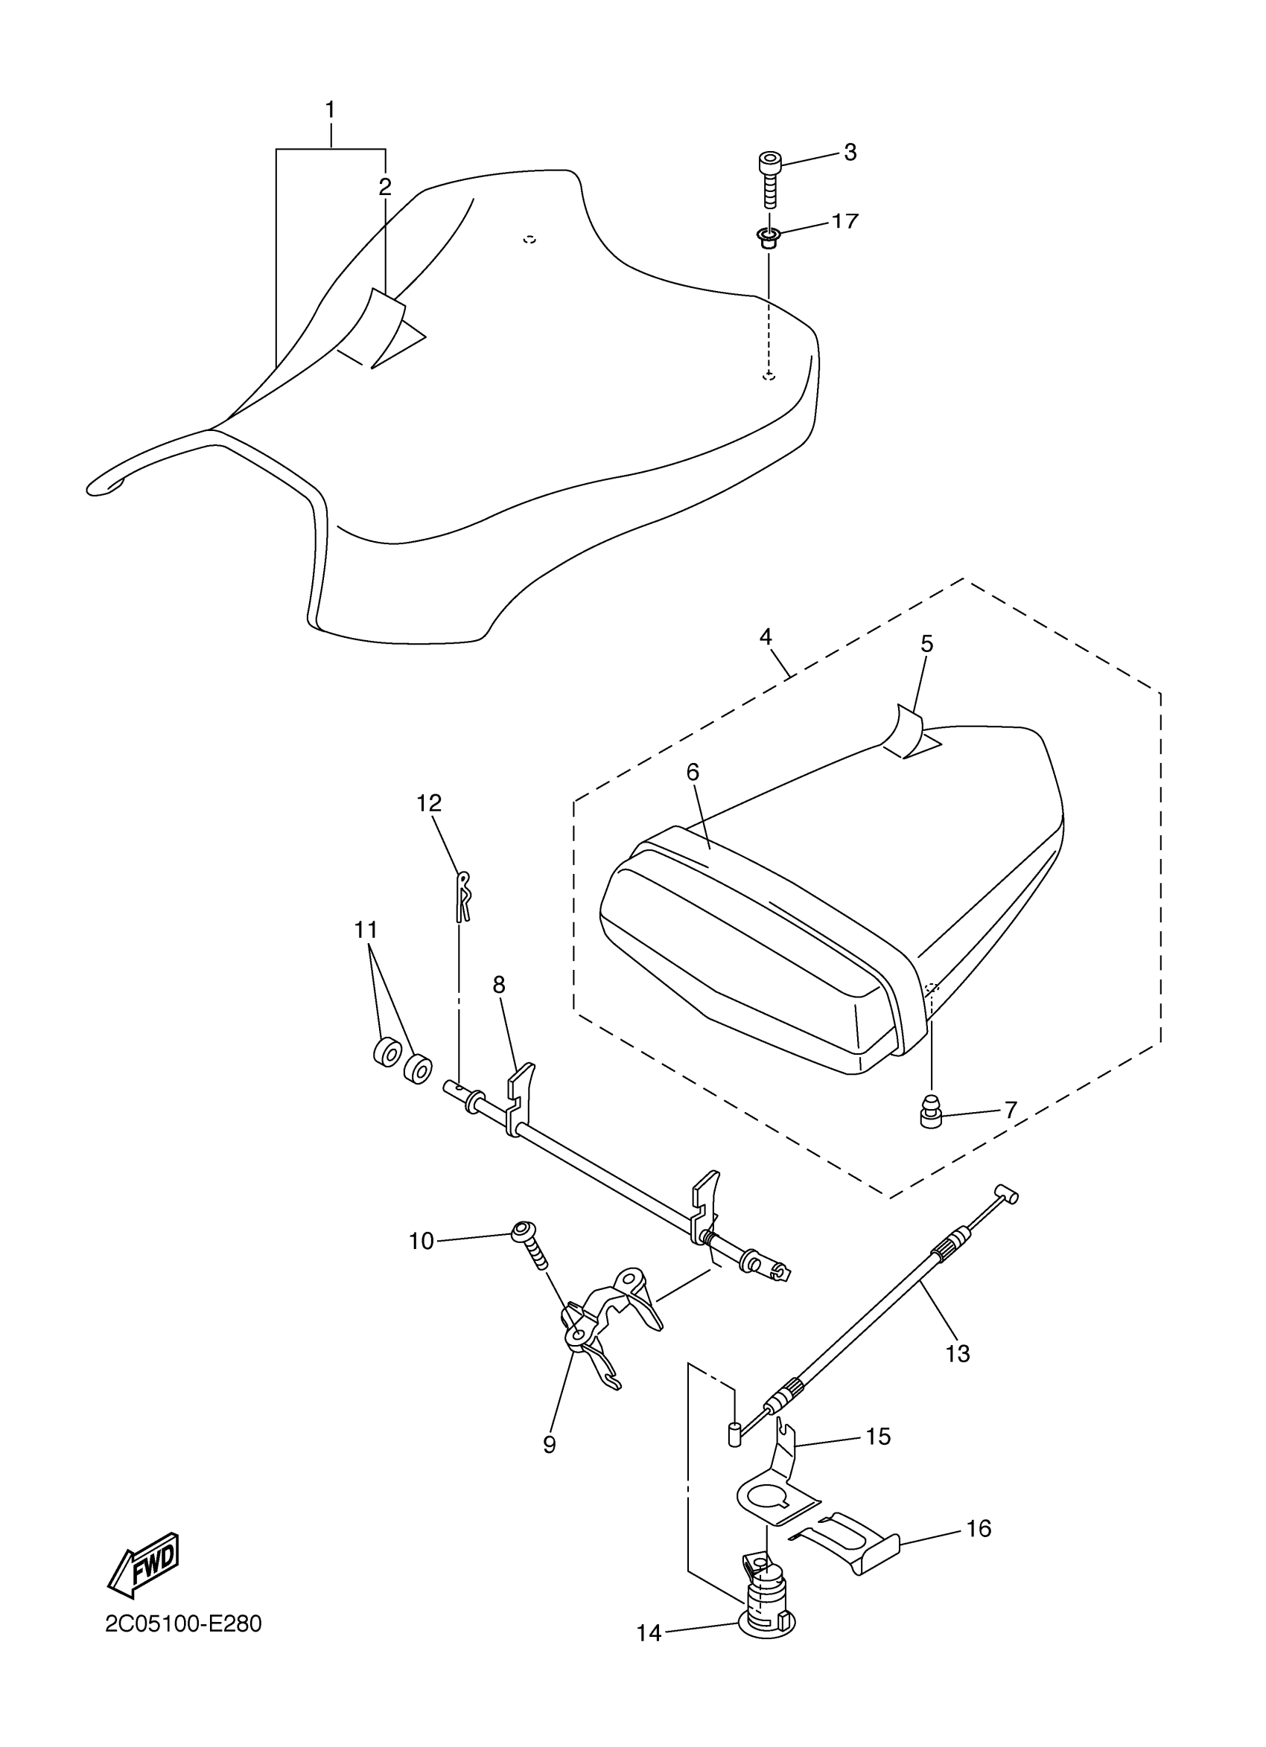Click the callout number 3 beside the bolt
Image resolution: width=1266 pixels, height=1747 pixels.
(849, 153)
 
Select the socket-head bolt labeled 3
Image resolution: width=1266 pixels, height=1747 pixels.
(769, 179)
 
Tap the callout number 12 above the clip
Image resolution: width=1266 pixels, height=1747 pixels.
(429, 803)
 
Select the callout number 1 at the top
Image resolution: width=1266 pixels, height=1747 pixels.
(330, 110)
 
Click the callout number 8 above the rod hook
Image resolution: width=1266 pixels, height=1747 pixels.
(498, 985)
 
